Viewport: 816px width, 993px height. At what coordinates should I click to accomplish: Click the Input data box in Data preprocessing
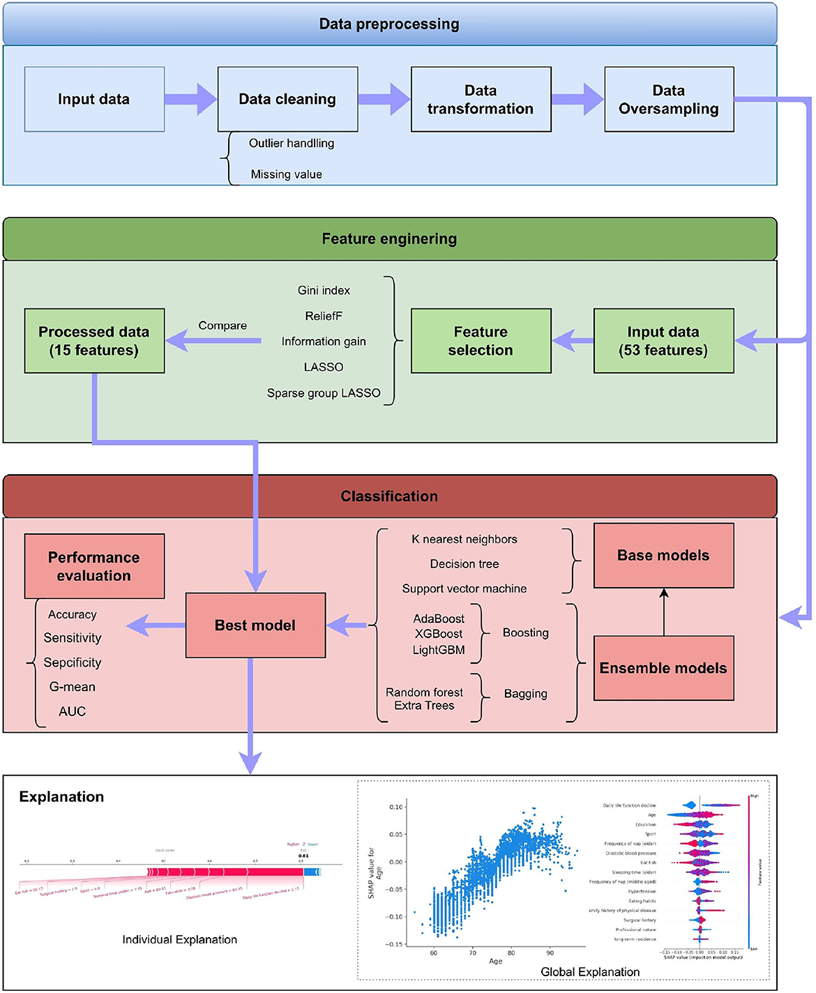pyautogui.click(x=94, y=99)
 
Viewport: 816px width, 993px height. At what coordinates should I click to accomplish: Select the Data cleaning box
pyautogui.click(x=287, y=99)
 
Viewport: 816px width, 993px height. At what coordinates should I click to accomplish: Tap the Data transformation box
pyautogui.click(x=481, y=99)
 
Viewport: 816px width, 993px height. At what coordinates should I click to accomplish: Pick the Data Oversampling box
pyautogui.click(x=669, y=99)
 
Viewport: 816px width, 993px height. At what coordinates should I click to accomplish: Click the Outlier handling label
pyautogui.click(x=292, y=143)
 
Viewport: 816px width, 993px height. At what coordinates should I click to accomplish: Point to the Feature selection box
pyautogui.click(x=481, y=341)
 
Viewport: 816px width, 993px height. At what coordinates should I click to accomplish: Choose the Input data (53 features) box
pyautogui.click(x=663, y=341)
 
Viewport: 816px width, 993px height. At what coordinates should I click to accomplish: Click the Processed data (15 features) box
pyautogui.click(x=94, y=341)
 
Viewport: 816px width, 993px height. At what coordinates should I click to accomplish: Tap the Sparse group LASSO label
pyautogui.click(x=324, y=393)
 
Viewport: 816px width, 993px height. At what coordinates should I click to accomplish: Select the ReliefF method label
pyautogui.click(x=324, y=316)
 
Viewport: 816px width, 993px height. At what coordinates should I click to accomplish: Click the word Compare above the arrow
pyautogui.click(x=222, y=326)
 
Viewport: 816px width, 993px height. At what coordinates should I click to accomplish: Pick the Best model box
pyautogui.click(x=255, y=626)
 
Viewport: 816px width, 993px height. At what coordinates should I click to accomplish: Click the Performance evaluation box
pyautogui.click(x=94, y=566)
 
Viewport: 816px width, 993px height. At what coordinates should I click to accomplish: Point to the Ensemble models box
pyautogui.click(x=663, y=668)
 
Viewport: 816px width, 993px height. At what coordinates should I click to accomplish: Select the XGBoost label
pyautogui.click(x=438, y=634)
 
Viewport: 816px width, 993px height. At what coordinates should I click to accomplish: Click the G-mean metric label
pyautogui.click(x=73, y=687)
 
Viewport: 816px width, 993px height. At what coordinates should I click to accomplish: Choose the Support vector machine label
pyautogui.click(x=464, y=589)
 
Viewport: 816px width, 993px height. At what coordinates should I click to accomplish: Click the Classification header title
pyautogui.click(x=389, y=496)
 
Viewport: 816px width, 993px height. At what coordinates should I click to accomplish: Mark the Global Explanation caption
pyautogui.click(x=590, y=972)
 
